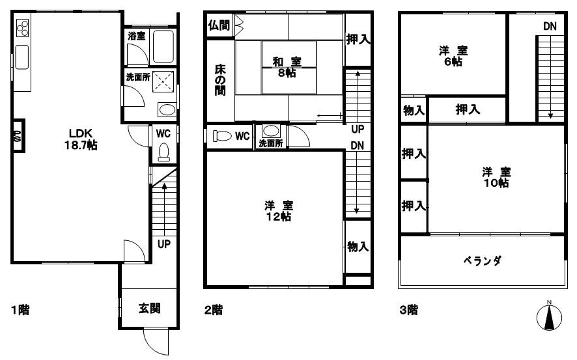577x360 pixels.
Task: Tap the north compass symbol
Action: point(549,316)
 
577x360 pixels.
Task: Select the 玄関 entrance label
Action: point(149,309)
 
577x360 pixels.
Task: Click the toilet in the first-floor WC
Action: point(163,152)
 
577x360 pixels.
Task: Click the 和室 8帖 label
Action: point(287,67)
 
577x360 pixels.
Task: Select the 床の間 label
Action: point(220,79)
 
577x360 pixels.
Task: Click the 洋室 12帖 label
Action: point(278,212)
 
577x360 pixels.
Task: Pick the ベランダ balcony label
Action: point(482,261)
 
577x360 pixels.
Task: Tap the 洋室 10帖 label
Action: point(496,177)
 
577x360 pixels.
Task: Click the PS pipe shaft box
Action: point(18,135)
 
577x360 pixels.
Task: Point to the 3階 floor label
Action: point(409,310)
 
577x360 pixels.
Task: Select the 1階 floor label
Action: point(20,310)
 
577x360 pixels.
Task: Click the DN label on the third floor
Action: point(550,26)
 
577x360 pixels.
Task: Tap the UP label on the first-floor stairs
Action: point(164,245)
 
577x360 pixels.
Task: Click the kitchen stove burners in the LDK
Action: point(22,28)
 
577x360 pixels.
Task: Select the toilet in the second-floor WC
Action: point(223,137)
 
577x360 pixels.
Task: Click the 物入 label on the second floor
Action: point(358,247)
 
